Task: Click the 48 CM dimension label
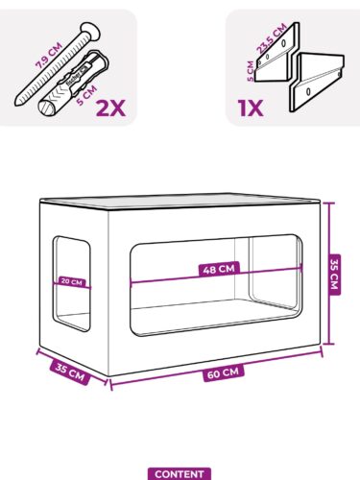219,269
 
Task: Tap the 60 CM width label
224,373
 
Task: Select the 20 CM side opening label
72,282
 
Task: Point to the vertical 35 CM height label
334,274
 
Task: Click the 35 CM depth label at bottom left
70,372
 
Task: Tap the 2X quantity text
110,108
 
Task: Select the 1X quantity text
251,108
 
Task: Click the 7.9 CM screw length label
49,55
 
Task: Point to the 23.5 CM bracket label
272,38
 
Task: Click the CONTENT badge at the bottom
180,474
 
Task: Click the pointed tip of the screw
17,103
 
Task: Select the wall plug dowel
73,83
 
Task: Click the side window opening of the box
71,284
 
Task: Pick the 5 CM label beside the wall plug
86,95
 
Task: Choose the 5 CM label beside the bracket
251,71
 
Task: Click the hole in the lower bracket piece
308,91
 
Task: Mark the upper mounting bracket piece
277,52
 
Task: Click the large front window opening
216,286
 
